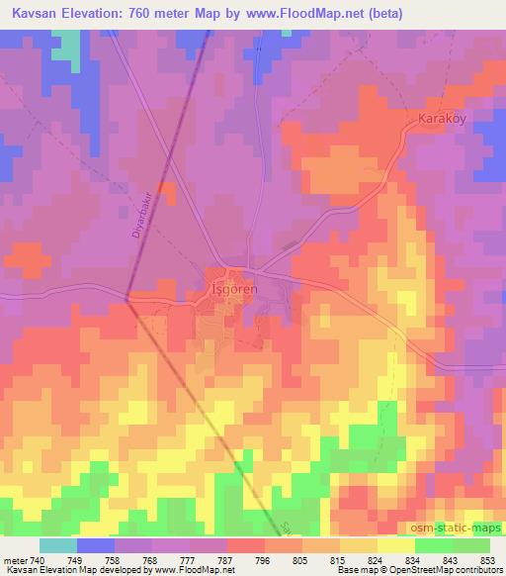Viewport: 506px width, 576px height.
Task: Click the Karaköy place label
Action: click(x=433, y=118)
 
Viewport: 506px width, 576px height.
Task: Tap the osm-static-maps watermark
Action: click(x=457, y=530)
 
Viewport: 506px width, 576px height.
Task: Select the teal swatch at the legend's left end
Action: click(x=58, y=543)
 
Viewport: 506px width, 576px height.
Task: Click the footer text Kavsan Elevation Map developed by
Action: click(x=71, y=569)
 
